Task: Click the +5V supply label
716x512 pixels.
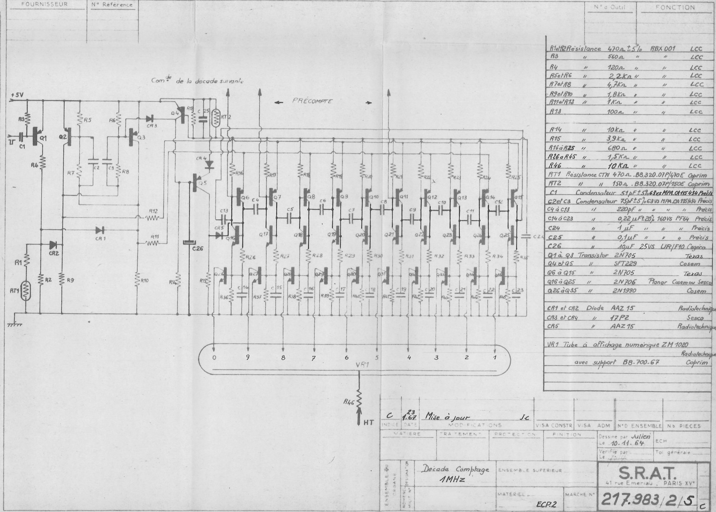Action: [18, 94]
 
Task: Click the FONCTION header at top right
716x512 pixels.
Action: [675, 7]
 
